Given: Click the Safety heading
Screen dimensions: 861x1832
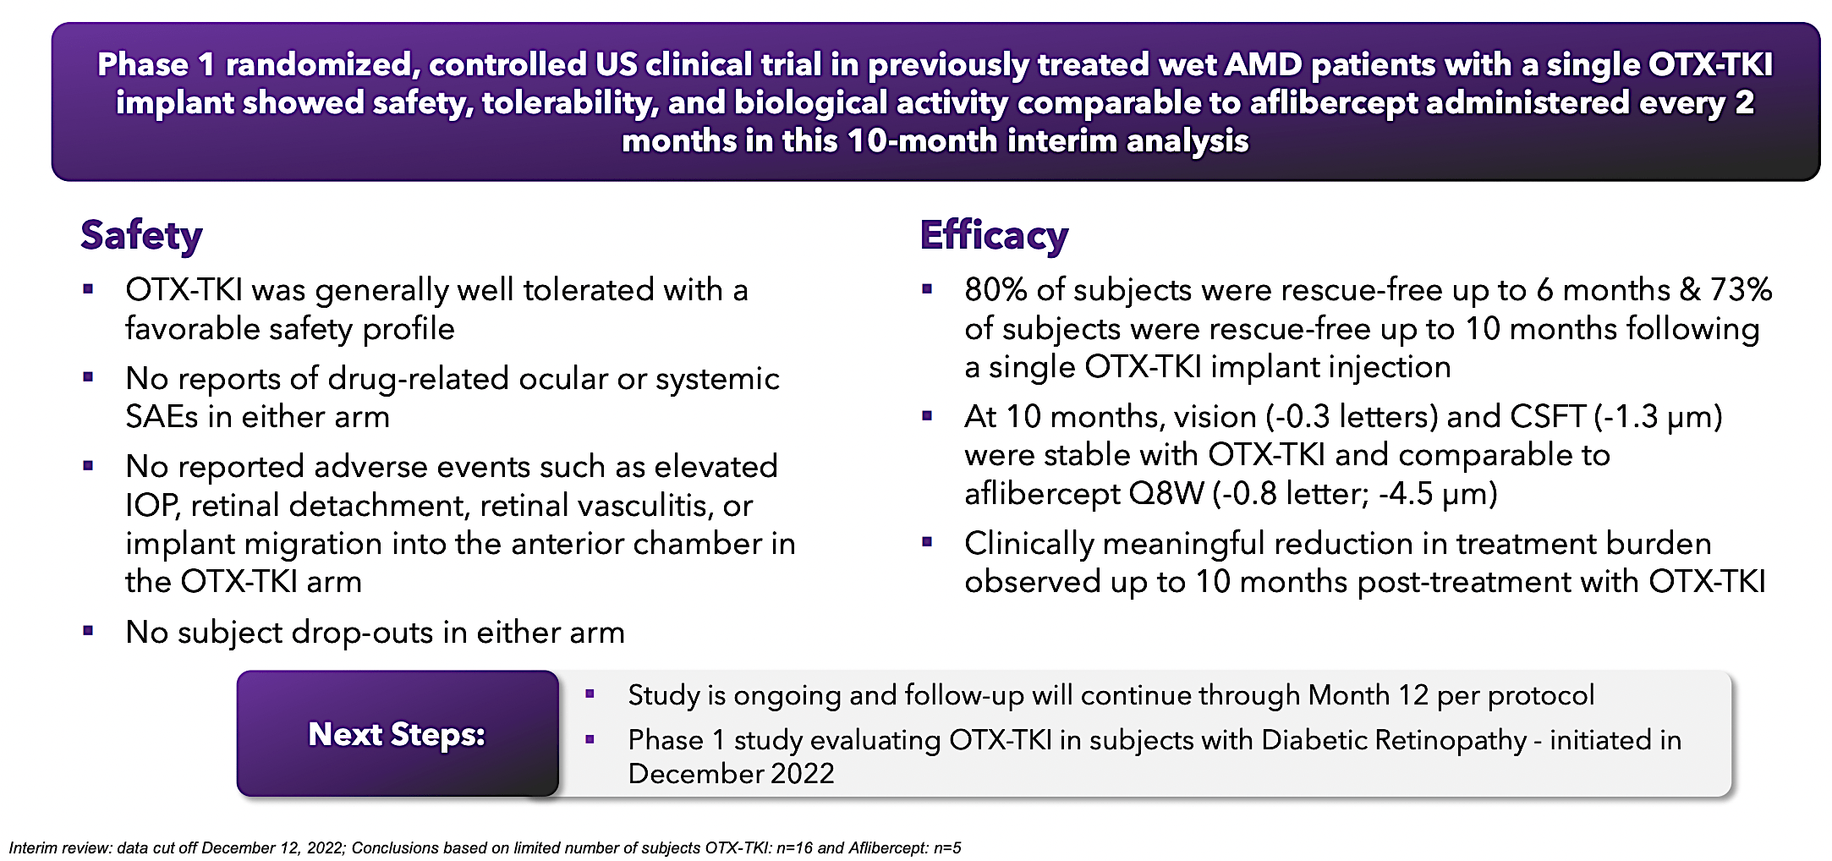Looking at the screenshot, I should [141, 235].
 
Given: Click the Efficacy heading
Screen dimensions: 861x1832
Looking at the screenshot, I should [994, 235].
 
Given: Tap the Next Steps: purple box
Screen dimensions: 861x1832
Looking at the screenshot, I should [397, 734].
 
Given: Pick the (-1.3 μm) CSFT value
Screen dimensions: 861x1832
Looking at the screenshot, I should [1659, 417].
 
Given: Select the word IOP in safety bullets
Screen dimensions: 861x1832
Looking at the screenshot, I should [151, 506].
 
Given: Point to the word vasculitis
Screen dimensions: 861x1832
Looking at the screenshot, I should [645, 506].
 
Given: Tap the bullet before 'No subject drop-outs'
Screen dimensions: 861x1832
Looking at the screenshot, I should [88, 631].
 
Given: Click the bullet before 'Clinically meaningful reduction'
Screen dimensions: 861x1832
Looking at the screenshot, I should [927, 542].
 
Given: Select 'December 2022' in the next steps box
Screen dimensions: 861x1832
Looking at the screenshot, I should [731, 774].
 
